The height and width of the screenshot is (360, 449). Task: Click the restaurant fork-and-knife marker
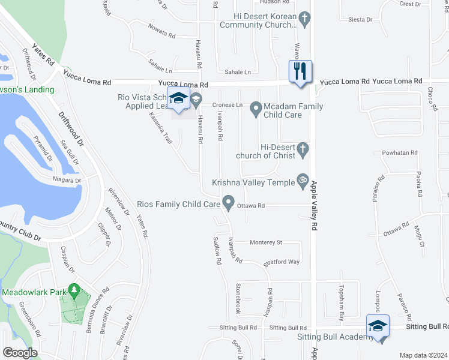point(299,71)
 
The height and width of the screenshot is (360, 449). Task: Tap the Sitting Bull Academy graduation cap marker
point(378,326)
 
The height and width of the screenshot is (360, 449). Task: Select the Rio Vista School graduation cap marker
point(178,98)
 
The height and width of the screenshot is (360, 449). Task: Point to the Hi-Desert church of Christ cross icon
point(304,150)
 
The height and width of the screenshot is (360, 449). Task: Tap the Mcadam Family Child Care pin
point(256,109)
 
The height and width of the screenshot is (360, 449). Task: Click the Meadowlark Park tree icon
point(74,291)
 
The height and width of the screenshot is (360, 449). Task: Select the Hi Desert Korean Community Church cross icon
point(305,19)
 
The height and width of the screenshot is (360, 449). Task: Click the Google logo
point(20,352)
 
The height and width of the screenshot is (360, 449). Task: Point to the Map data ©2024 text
point(424,355)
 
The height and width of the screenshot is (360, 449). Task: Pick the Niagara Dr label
point(66,180)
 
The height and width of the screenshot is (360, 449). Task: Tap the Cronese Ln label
point(227,105)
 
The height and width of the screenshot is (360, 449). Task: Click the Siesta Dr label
point(360,20)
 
